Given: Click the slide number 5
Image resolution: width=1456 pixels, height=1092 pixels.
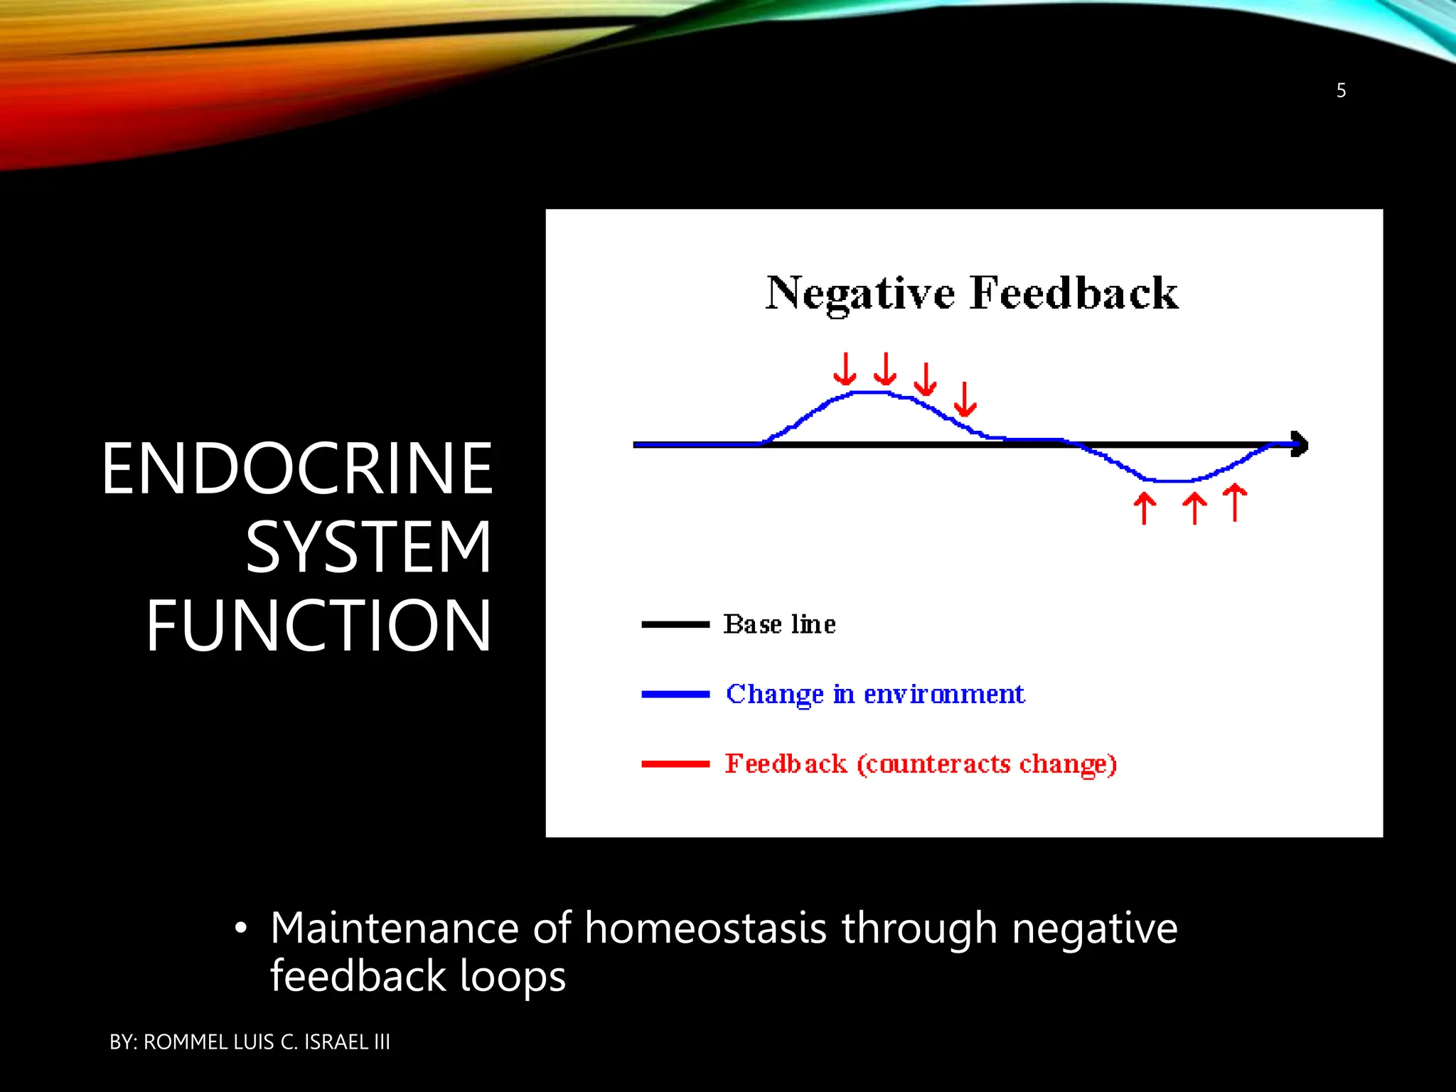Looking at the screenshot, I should (x=1341, y=90).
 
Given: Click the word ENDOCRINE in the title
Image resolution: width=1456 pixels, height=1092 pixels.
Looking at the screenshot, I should (x=297, y=469).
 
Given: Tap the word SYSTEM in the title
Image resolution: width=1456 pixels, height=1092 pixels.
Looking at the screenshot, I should (x=368, y=547).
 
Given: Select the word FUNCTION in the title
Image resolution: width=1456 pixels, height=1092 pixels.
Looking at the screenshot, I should (x=318, y=626).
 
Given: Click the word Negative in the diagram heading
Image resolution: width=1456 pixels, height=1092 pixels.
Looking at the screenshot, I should (x=860, y=294).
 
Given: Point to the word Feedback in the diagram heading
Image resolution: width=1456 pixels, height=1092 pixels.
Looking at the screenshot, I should (x=1074, y=294).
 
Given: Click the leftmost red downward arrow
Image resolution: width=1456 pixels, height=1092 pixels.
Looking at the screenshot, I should (x=845, y=369).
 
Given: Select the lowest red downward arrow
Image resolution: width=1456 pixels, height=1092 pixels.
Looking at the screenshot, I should (x=965, y=400).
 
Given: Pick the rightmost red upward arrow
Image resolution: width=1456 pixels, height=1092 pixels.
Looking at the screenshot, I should (x=1236, y=502).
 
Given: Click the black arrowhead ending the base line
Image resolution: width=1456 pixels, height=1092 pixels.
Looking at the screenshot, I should (x=1299, y=444).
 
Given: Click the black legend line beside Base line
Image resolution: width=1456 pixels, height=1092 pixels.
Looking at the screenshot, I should (x=675, y=624).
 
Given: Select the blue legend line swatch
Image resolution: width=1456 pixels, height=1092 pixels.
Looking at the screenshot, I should (x=675, y=694).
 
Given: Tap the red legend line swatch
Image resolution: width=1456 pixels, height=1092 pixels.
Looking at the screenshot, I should (x=675, y=764).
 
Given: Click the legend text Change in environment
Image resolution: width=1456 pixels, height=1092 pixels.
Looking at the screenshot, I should (x=874, y=694).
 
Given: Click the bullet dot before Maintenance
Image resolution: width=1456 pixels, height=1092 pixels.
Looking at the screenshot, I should (x=242, y=928).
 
